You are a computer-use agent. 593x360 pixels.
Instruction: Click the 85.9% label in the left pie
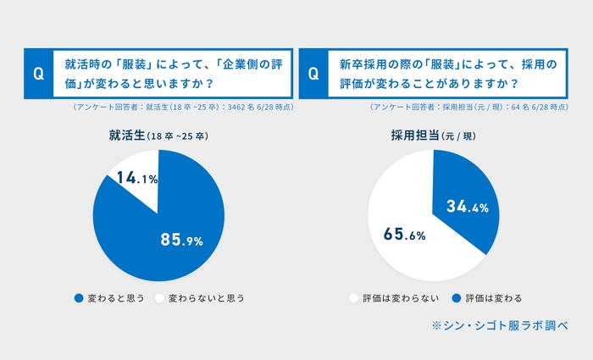[x=181, y=241]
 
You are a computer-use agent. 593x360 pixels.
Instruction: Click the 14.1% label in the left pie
[x=135, y=179]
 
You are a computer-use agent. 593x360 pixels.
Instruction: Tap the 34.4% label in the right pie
[x=467, y=208]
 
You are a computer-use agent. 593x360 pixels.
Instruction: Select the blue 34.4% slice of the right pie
[x=462, y=195]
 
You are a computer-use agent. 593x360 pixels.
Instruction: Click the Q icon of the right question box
[x=313, y=74]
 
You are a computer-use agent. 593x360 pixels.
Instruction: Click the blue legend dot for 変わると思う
[x=79, y=298]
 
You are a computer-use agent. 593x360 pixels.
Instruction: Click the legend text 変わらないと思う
[x=206, y=298]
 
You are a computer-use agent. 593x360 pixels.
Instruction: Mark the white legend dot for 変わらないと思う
[x=158, y=298]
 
